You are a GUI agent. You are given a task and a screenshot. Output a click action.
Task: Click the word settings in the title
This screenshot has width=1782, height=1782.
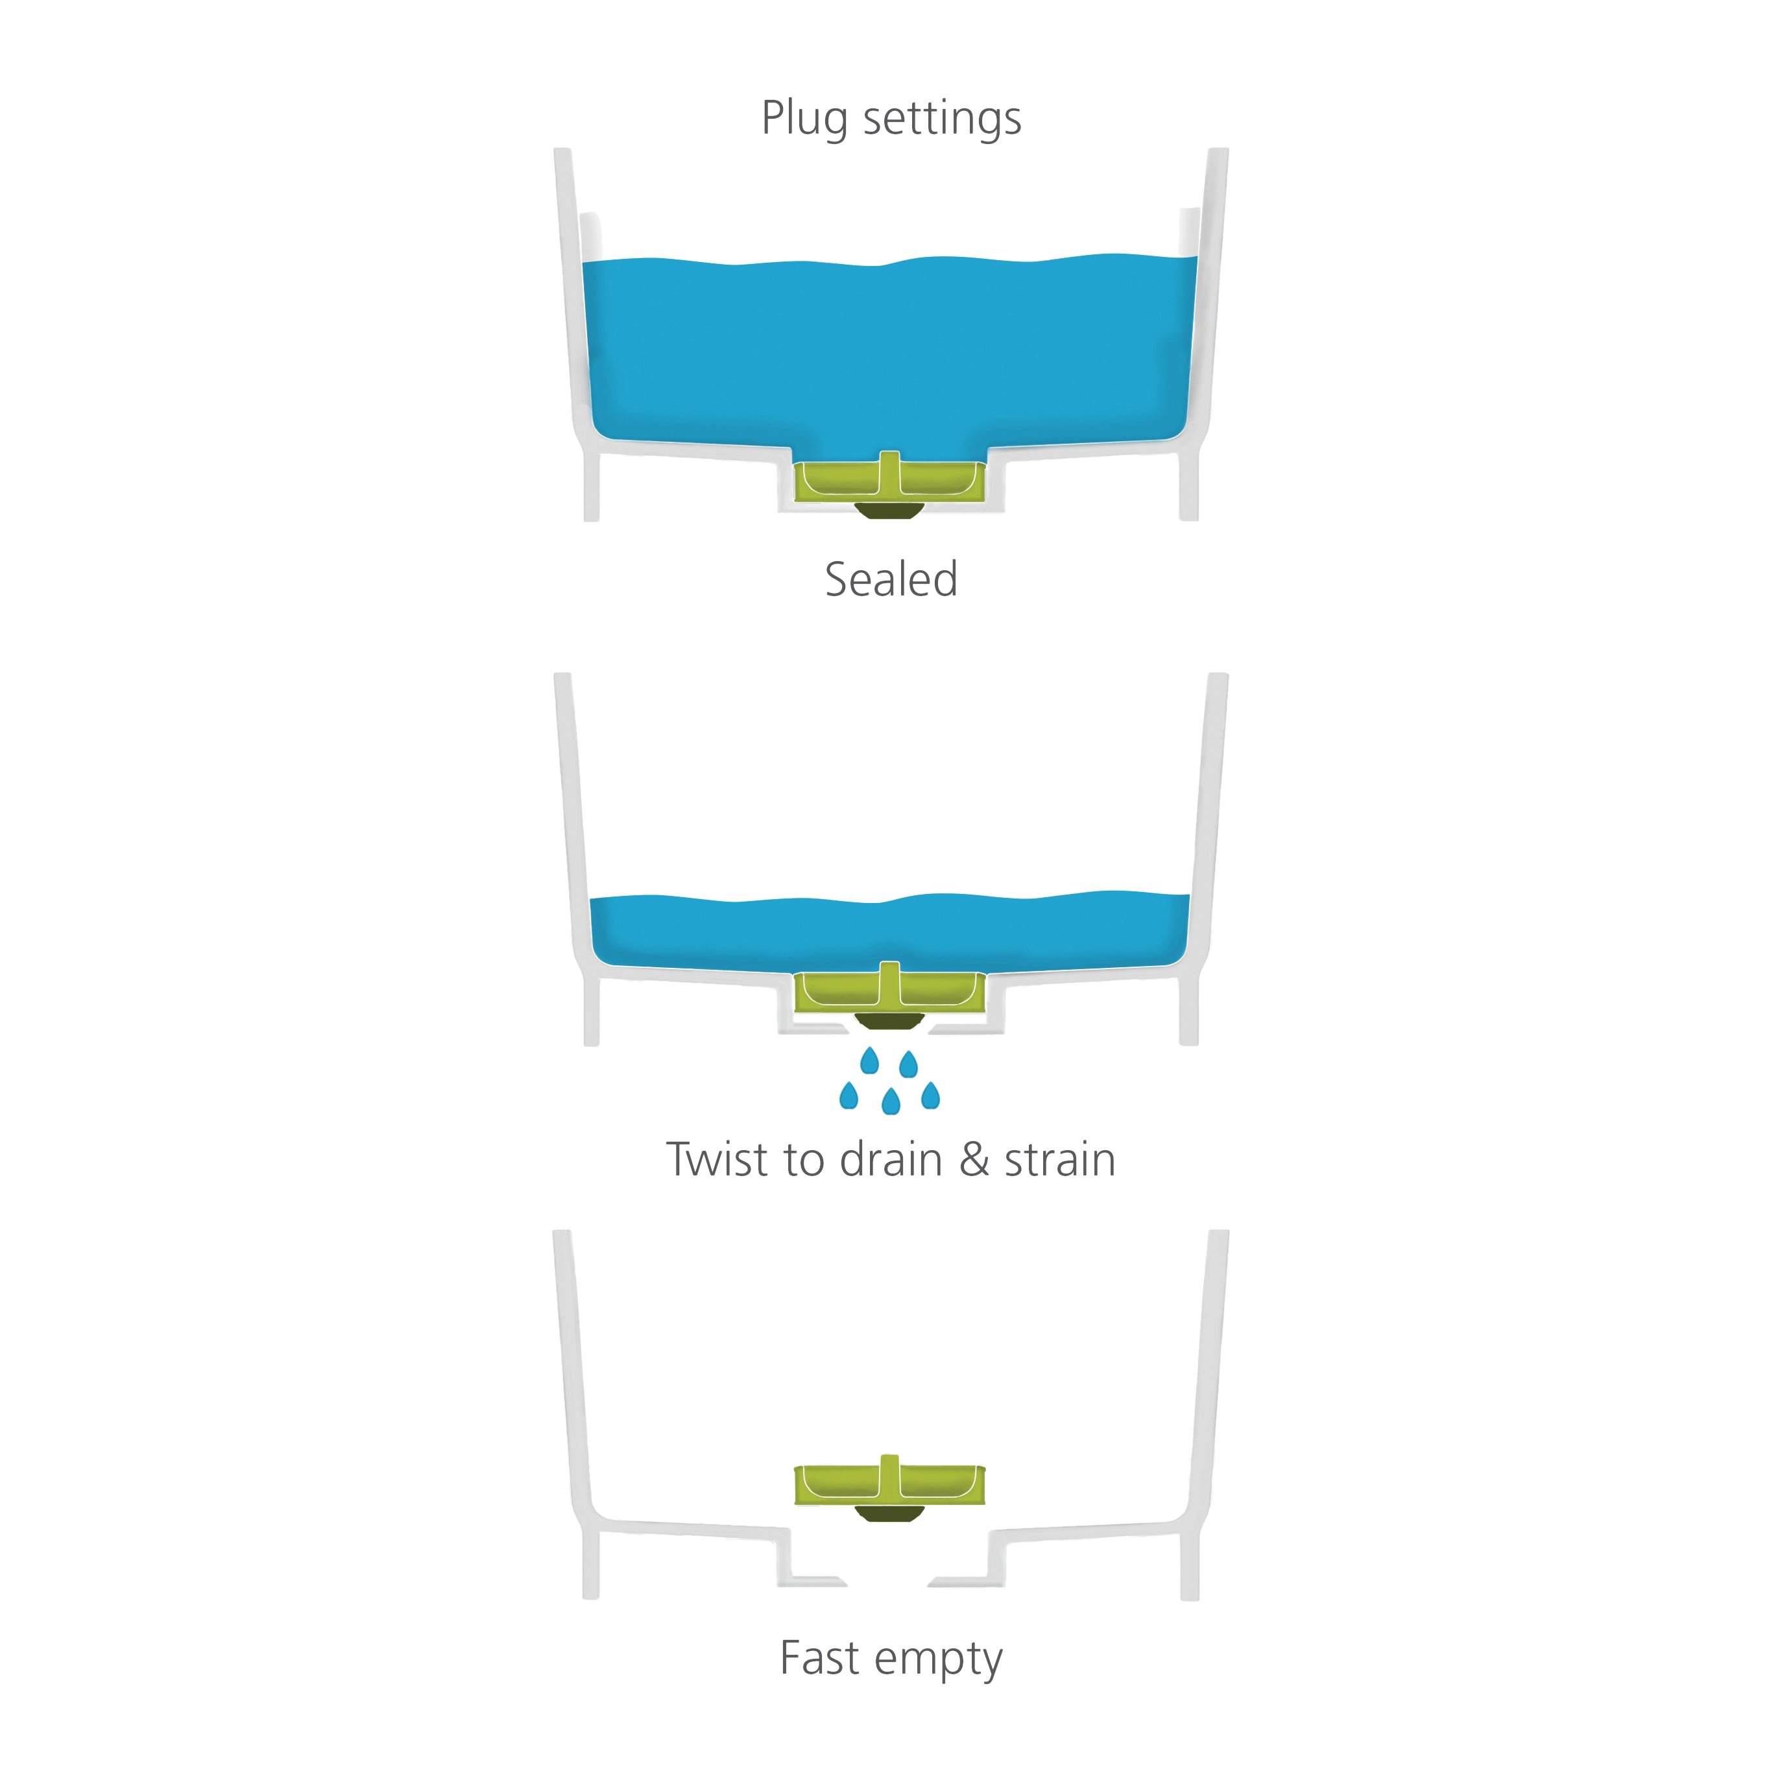[x=942, y=119]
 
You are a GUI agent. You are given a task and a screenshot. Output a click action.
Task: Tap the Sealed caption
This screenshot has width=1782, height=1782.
[x=891, y=579]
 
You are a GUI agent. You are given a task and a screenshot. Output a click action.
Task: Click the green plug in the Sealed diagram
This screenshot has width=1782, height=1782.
[x=890, y=478]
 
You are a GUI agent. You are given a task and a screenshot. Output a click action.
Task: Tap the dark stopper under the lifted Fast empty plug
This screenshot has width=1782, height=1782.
[x=890, y=1513]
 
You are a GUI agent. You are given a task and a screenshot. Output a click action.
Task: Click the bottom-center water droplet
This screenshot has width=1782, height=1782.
[x=891, y=1102]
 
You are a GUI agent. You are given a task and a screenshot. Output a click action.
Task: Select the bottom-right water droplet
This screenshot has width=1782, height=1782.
[x=931, y=1095]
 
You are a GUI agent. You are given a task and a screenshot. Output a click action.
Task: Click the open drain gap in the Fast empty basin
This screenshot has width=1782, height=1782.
[x=887, y=1581]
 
